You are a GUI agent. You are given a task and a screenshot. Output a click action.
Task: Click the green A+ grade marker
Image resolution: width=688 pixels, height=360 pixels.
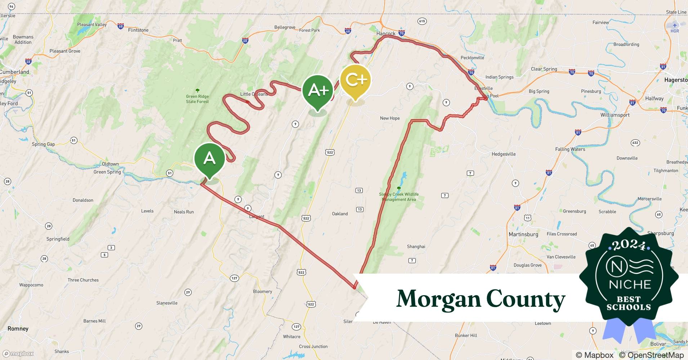pyautogui.click(x=318, y=91)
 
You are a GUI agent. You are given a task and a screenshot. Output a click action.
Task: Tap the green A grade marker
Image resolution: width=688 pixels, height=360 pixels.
pyautogui.click(x=209, y=159)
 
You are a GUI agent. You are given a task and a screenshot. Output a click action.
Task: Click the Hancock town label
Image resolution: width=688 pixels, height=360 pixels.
pyautogui.click(x=385, y=33)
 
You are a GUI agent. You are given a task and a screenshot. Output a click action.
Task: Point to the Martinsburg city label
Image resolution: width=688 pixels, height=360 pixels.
pyautogui.click(x=523, y=234)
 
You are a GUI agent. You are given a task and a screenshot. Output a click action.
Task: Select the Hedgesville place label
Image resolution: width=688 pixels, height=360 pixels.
pyautogui.click(x=503, y=154)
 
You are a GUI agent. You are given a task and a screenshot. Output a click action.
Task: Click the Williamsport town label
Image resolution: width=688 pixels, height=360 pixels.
pyautogui.click(x=615, y=115)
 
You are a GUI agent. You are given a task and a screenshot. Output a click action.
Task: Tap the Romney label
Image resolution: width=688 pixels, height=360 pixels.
pyautogui.click(x=18, y=328)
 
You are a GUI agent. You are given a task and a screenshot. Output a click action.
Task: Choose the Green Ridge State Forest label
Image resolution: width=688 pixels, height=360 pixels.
pyautogui.click(x=197, y=99)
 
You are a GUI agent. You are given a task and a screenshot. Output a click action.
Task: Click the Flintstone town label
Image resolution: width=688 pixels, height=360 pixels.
pyautogui.click(x=138, y=30)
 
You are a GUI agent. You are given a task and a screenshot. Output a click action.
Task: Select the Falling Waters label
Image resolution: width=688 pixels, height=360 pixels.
pyautogui.click(x=570, y=149)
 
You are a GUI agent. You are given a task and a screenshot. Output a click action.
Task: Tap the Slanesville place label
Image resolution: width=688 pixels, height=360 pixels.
pyautogui.click(x=167, y=303)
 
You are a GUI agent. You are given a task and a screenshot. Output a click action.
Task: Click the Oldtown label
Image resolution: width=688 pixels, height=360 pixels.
pyautogui.click(x=110, y=164)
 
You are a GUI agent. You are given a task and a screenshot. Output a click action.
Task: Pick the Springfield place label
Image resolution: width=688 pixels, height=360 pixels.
pyautogui.click(x=58, y=239)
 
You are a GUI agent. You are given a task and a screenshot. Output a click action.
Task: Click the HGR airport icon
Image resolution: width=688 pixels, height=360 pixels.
pyautogui.click(x=675, y=25)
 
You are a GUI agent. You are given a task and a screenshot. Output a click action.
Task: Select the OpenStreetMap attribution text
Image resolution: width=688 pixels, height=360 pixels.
pyautogui.click(x=651, y=355)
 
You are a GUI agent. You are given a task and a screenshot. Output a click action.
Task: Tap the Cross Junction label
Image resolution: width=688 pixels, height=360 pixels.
pyautogui.click(x=313, y=346)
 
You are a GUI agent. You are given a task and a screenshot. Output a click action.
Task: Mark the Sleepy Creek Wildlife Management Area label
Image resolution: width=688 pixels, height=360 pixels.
pyautogui.click(x=399, y=197)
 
